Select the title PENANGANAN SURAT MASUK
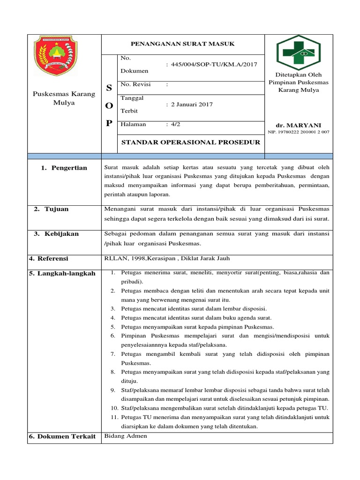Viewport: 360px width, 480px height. click(x=182, y=44)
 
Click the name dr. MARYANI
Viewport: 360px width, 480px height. click(x=298, y=125)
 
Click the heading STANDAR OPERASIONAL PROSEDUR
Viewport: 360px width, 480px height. click(x=190, y=142)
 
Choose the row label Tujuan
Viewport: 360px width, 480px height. click(x=56, y=209)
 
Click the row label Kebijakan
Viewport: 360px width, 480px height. click(x=61, y=234)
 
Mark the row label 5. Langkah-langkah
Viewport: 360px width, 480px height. click(x=62, y=273)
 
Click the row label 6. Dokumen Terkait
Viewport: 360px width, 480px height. click(x=62, y=436)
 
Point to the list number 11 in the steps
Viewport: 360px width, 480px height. click(x=114, y=417)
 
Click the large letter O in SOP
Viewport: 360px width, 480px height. click(x=109, y=105)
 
